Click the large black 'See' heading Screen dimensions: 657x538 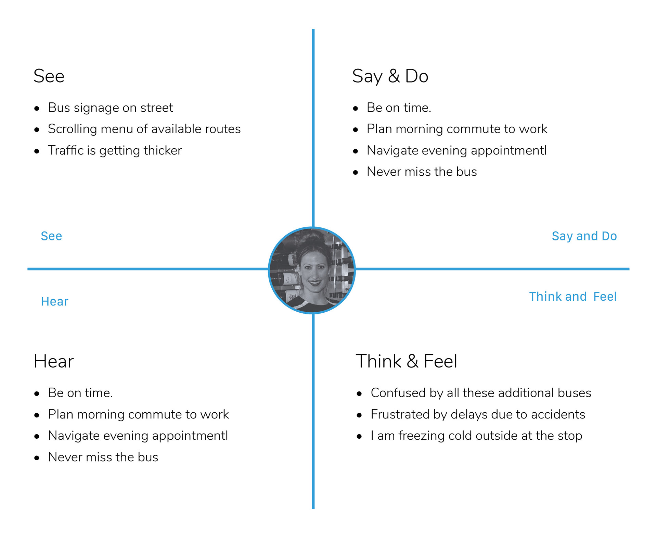pos(49,76)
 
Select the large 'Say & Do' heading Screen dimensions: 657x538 pos(390,76)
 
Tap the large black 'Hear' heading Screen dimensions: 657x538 pos(54,361)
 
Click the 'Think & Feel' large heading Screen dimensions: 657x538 pos(407,361)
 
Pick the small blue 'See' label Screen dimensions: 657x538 pos(51,236)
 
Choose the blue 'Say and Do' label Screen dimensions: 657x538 pos(584,236)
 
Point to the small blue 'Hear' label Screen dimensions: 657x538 pos(55,301)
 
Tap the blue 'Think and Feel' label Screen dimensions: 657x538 pos(573,297)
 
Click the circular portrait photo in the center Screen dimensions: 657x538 pos(312,270)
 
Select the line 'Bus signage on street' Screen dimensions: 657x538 pos(111,108)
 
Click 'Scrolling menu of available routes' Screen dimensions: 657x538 pos(144,129)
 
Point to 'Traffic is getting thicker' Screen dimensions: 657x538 pos(115,150)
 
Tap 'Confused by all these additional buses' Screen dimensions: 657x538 pos(481,393)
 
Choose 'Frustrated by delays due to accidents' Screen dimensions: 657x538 pos(478,414)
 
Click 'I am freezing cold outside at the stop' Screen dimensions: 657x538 pos(476,436)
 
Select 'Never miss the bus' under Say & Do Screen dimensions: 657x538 pos(422,172)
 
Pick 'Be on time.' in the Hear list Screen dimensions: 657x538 pos(80,393)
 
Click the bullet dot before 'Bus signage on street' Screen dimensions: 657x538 pos(37,109)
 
